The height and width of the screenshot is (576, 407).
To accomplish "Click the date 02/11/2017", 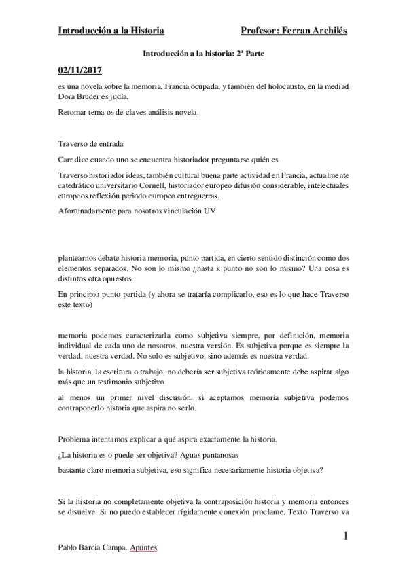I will click(x=81, y=70).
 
